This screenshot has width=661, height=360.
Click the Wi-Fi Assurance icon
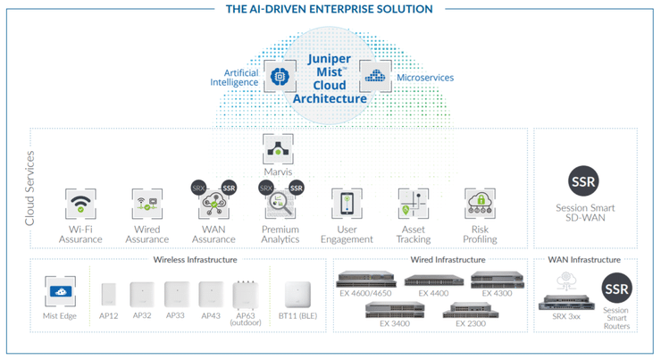(80, 204)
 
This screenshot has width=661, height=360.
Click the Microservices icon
(375, 78)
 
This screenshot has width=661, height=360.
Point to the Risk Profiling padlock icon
(481, 204)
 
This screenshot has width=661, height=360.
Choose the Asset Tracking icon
(414, 204)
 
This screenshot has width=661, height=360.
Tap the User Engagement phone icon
(346, 204)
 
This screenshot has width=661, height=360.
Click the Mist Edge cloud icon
(60, 291)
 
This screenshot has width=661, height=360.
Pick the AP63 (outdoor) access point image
(246, 295)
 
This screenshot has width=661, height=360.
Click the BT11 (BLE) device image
(296, 296)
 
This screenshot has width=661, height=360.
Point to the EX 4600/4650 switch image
(366, 280)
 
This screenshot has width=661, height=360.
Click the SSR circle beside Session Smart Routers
(616, 289)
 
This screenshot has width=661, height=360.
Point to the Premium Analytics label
(280, 234)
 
